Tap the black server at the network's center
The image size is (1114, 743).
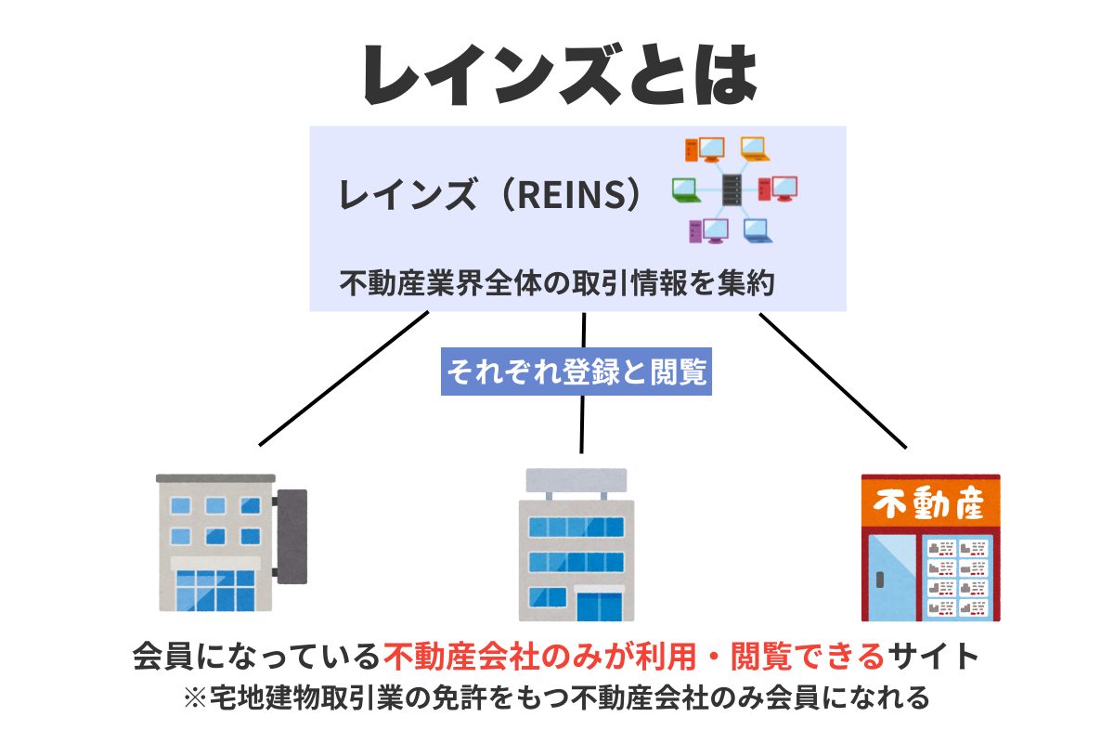coord(732,190)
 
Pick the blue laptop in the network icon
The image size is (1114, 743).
coord(757,230)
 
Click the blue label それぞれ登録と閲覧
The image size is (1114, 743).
coord(576,371)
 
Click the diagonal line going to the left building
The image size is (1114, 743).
coord(343,378)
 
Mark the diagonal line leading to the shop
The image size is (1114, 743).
coord(833,380)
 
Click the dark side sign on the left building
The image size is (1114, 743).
coord(292,536)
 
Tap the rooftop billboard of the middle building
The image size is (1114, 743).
coord(576,481)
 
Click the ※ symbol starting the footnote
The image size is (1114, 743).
coord(195,697)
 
